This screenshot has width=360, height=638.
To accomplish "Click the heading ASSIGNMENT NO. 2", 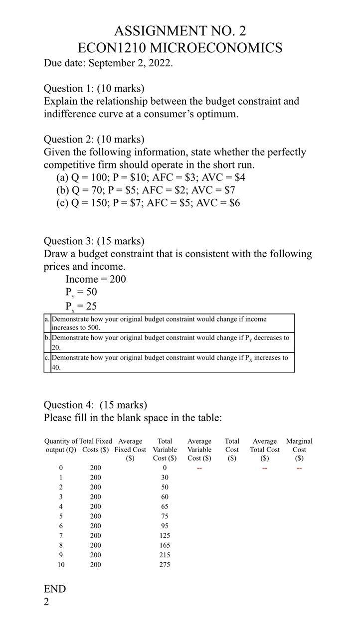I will (x=180, y=31).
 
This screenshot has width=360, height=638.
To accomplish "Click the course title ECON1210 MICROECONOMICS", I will (x=180, y=48).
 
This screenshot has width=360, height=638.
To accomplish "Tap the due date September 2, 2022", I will (x=108, y=63).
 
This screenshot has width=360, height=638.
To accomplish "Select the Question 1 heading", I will (x=94, y=88).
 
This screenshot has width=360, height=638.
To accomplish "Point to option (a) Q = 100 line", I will (x=151, y=177).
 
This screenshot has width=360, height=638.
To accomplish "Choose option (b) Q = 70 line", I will (x=146, y=190).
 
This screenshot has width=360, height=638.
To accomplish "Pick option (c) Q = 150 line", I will (x=148, y=203).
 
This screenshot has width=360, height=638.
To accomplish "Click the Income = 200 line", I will (x=96, y=279).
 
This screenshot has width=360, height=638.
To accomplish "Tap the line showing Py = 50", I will (x=81, y=292).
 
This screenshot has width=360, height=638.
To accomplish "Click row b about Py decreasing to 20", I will (x=170, y=342).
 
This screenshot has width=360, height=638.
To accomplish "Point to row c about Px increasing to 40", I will (x=170, y=362).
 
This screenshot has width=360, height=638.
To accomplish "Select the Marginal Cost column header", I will (x=299, y=449).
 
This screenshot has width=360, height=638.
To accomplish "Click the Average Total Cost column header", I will (x=265, y=449).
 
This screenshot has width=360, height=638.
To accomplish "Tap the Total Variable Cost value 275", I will (x=165, y=565).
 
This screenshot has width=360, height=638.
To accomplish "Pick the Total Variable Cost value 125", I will (x=165, y=535).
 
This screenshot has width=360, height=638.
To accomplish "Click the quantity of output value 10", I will (x=61, y=565).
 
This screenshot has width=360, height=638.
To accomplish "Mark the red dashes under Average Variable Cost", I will (x=199, y=468).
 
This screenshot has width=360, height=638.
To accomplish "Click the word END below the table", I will (x=55, y=589).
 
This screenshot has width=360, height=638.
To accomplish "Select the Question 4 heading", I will (x=95, y=405).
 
